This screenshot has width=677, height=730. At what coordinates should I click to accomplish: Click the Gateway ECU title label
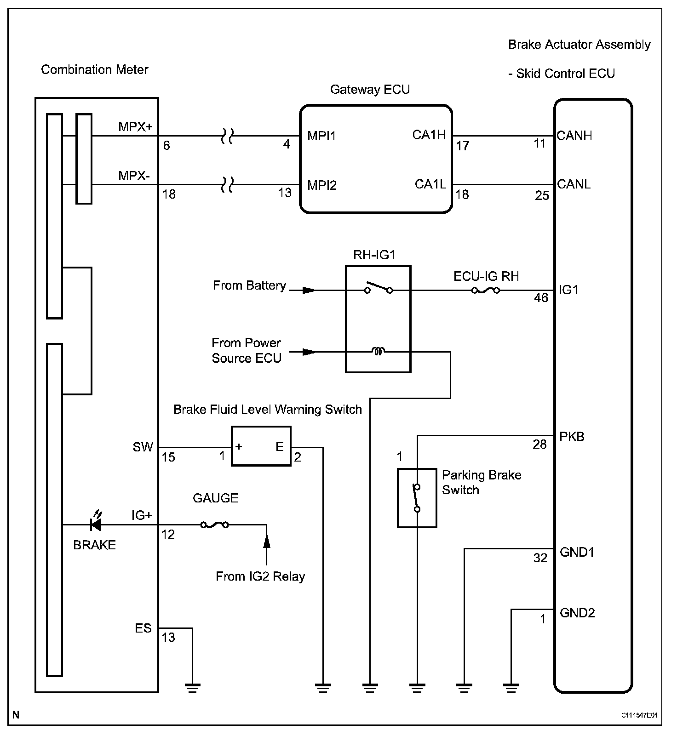click(x=370, y=89)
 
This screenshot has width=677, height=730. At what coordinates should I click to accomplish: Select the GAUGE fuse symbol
click(x=214, y=525)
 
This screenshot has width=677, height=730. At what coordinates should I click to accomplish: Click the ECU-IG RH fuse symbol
click(x=486, y=291)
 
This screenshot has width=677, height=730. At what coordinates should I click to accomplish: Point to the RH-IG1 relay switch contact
click(x=379, y=288)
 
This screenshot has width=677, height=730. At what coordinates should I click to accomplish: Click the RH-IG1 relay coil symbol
click(x=378, y=352)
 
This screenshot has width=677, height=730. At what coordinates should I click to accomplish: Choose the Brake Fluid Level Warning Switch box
click(x=261, y=446)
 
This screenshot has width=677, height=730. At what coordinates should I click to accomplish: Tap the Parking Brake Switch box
click(x=417, y=498)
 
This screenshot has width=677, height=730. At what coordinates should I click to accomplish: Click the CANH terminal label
click(x=574, y=136)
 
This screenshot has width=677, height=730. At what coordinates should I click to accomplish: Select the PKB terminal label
click(x=572, y=436)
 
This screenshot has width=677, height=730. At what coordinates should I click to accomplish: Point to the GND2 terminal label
click(x=577, y=613)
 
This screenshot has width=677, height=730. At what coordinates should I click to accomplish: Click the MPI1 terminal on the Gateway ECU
click(x=322, y=136)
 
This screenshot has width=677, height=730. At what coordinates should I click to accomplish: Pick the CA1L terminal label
click(x=430, y=184)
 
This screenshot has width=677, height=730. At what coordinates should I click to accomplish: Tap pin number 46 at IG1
click(x=541, y=298)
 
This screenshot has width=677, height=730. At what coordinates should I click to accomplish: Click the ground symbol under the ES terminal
click(x=193, y=688)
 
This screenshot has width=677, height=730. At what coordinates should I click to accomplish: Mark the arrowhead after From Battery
click(x=309, y=290)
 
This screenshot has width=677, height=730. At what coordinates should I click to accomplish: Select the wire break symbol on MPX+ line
click(x=227, y=136)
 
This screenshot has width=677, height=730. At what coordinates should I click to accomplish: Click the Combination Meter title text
click(x=95, y=70)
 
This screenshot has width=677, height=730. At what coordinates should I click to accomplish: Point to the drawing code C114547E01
click(x=640, y=715)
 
